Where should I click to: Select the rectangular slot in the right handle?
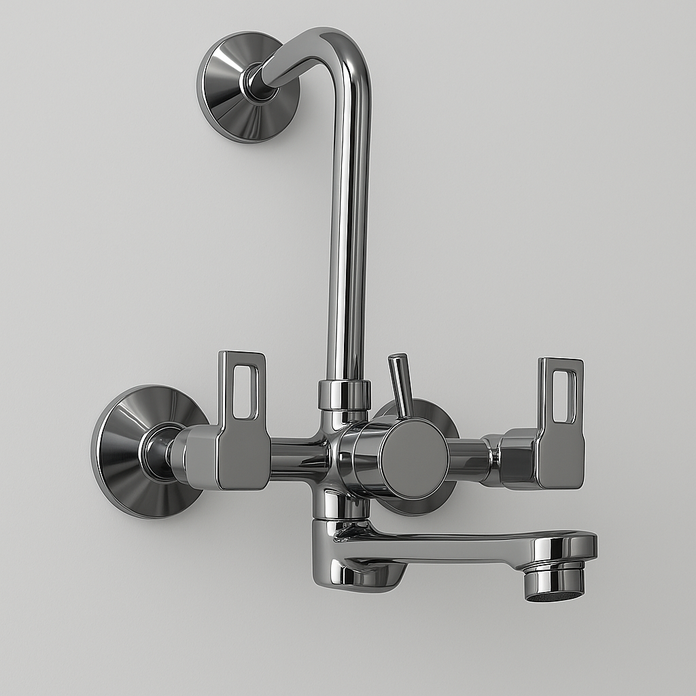[563, 396]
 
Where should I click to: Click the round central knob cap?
[413, 459]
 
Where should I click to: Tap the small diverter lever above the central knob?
[400, 384]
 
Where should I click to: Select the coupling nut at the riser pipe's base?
[345, 395]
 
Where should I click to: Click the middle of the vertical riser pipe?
[347, 224]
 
